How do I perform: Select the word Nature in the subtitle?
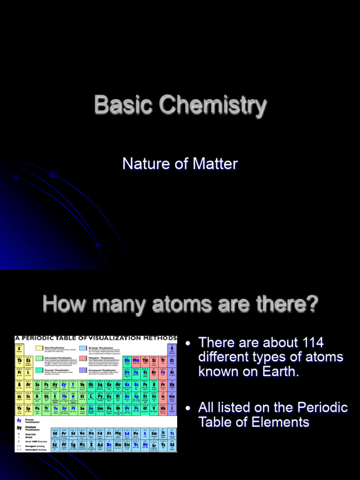point(142,164)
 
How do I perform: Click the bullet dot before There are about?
point(188,344)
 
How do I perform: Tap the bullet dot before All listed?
point(188,408)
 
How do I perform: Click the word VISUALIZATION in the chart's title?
point(121,338)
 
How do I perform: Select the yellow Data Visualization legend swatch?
point(39,348)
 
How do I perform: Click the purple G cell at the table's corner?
point(172,349)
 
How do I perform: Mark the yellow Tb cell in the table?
point(19,360)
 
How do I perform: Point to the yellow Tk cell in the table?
point(19,409)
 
